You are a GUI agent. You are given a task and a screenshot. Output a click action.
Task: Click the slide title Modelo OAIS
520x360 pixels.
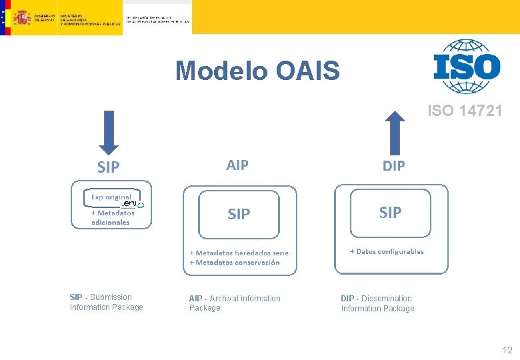click(257, 70)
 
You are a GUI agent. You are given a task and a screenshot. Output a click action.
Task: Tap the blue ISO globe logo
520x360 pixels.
click(466, 66)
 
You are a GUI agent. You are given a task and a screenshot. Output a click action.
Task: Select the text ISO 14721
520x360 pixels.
click(465, 111)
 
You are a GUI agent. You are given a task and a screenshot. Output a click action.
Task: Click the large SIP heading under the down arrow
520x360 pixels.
click(108, 167)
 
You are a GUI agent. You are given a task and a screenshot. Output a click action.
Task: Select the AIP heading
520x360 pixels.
click(237, 165)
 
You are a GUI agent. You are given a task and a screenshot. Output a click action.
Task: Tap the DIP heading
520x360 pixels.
click(393, 165)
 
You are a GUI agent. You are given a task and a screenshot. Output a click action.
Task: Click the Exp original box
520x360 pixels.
click(112, 197)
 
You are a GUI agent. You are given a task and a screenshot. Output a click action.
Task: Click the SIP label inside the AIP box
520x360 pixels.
click(239, 214)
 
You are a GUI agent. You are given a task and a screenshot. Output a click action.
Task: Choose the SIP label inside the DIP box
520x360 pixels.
click(390, 212)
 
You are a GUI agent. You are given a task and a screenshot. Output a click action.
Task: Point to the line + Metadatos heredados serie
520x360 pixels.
click(239, 253)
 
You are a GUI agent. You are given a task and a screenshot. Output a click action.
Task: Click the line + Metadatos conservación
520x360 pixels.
click(234, 262)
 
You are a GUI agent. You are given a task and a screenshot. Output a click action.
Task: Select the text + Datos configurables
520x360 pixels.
click(387, 251)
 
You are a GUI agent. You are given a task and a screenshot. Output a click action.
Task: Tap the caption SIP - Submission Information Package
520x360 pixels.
click(106, 302)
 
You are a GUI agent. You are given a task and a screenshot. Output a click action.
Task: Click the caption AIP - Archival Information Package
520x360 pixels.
click(235, 303)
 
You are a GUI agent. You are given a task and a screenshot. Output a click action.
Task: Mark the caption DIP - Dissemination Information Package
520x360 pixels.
click(377, 303)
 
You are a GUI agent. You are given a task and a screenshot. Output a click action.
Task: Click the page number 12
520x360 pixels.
click(507, 350)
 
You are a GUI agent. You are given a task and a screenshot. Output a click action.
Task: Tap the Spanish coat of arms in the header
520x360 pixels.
click(22, 17)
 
